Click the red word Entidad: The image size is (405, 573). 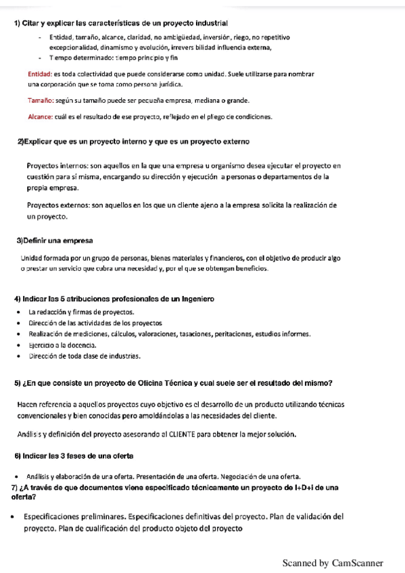click(x=40, y=73)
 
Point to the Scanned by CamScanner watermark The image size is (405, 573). click(x=333, y=563)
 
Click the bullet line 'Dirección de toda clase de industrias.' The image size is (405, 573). click(x=84, y=356)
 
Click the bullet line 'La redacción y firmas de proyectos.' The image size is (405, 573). click(x=81, y=312)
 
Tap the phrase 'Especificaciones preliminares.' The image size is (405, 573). click(x=74, y=517)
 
